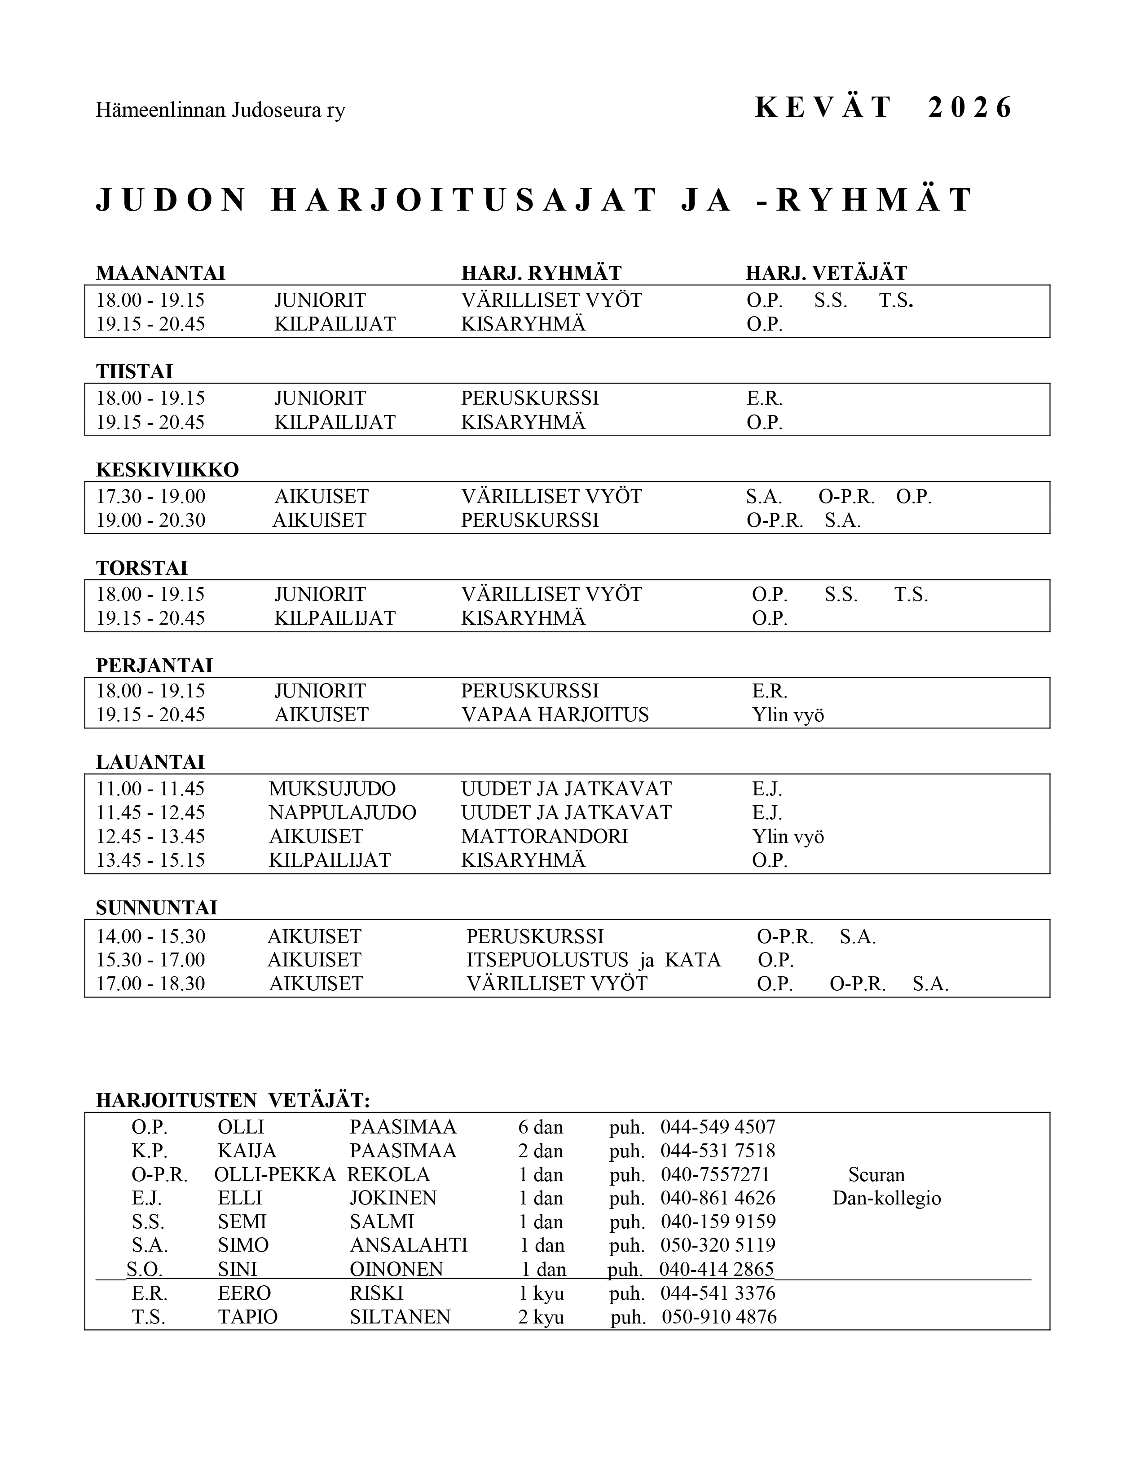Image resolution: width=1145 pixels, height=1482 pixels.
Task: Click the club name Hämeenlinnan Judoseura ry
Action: coord(220,110)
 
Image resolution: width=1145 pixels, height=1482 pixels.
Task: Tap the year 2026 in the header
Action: coord(970,108)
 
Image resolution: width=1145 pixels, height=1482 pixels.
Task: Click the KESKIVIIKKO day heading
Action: coord(167,470)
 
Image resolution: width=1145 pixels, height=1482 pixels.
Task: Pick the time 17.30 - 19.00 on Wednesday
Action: coord(150,496)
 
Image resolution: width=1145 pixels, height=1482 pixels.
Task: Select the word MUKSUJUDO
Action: coord(332,789)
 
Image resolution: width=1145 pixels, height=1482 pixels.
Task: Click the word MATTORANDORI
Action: coord(544,836)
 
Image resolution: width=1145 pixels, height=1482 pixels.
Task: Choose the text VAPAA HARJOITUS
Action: coord(555,715)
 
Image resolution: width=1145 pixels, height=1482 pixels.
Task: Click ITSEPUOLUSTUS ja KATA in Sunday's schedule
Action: coord(594,960)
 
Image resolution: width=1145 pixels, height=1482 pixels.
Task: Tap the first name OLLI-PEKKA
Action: coord(275,1175)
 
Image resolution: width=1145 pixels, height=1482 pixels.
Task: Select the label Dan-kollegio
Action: coord(886,1198)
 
